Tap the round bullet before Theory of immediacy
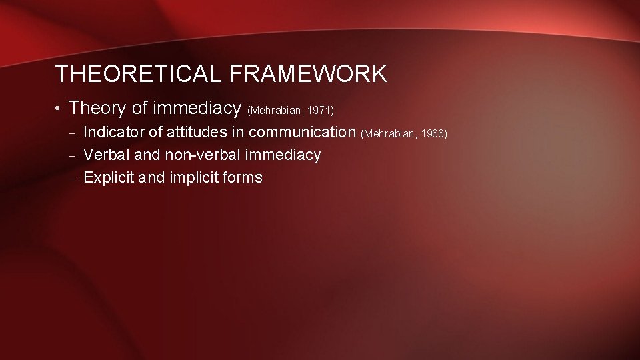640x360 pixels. click(59, 108)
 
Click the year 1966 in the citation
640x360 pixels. click(434, 134)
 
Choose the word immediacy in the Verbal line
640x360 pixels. click(284, 155)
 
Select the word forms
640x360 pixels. click(244, 177)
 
